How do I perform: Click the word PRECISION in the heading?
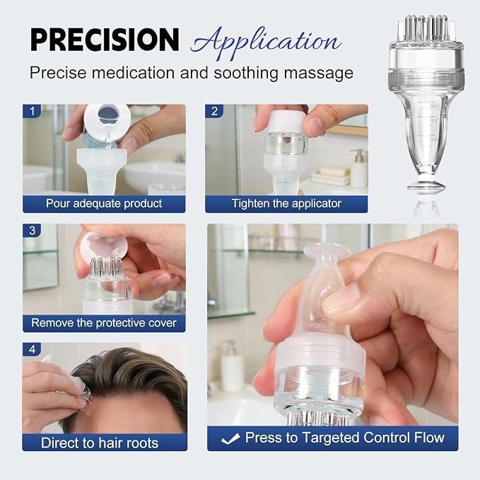tap(105, 39)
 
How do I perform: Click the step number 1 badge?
tap(32, 111)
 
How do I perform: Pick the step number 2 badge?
tap(214, 111)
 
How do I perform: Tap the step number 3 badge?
tap(32, 230)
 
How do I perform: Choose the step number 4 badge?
tap(32, 349)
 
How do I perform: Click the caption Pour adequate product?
tap(104, 204)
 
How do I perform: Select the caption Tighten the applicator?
tap(286, 204)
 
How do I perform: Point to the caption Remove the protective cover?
tap(104, 323)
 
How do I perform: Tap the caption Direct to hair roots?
tap(100, 443)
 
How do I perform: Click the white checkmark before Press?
tap(230, 439)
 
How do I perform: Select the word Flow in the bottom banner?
tap(428, 438)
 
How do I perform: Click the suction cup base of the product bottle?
tap(426, 185)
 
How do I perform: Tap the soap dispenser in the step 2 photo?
tap(359, 168)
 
